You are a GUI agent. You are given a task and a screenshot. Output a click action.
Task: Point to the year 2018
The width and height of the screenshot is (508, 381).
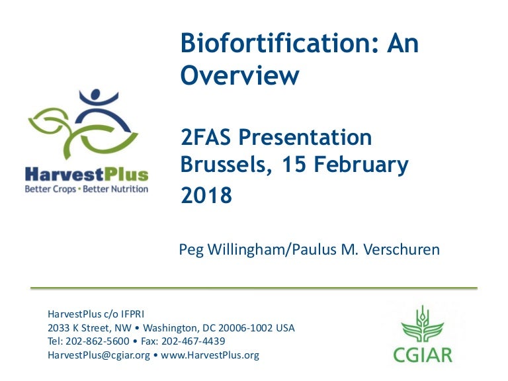click(x=206, y=196)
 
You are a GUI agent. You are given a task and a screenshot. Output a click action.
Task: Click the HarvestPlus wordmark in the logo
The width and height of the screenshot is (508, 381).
click(x=87, y=175)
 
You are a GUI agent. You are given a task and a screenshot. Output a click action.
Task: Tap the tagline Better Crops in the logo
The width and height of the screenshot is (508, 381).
click(x=50, y=189)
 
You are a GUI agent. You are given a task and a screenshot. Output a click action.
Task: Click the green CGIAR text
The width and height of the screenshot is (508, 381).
click(x=423, y=354)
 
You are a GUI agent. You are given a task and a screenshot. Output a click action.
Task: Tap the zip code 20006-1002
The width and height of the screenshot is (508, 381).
click(x=244, y=328)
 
